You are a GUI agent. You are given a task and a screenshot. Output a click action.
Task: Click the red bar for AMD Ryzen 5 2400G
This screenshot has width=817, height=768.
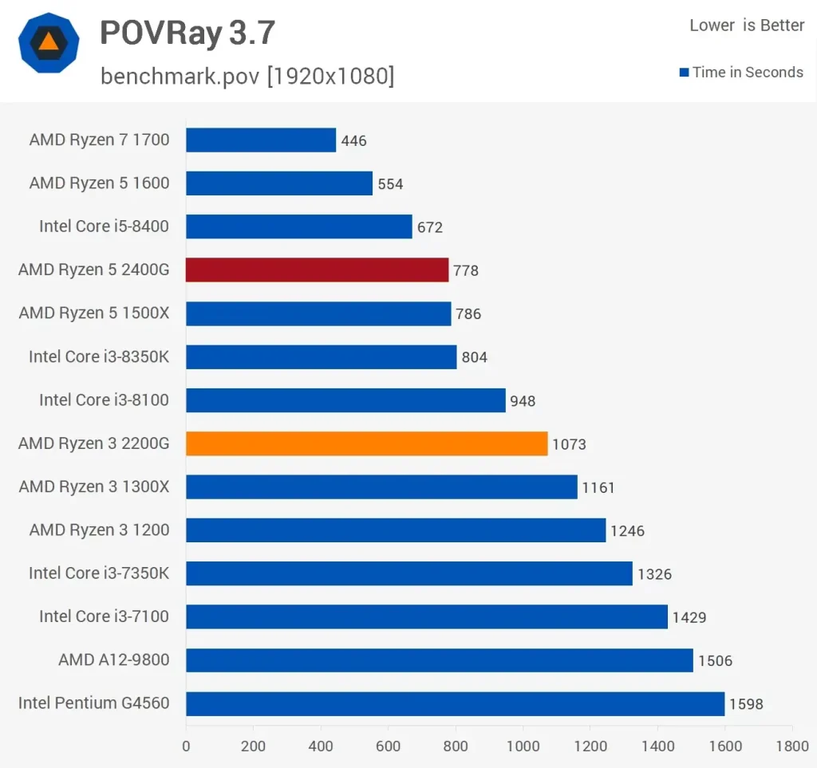(317, 270)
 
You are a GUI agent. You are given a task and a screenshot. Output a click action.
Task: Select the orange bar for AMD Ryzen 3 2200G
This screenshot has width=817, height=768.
(366, 443)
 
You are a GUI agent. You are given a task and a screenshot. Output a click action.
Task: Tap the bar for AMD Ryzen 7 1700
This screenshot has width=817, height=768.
(261, 140)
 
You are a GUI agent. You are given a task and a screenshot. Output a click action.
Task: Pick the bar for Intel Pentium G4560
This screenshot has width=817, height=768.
(455, 703)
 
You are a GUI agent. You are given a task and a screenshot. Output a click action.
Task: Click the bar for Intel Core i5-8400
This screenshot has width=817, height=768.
(299, 226)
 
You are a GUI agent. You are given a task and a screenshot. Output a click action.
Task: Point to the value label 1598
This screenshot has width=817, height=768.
(746, 704)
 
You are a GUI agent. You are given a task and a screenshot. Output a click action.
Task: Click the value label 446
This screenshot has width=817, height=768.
(353, 141)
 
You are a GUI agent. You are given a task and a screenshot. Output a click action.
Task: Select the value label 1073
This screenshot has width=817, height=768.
(569, 444)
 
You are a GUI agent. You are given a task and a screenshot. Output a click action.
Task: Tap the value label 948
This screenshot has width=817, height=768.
(523, 401)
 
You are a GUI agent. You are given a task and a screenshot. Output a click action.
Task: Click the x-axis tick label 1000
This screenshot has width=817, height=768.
(523, 746)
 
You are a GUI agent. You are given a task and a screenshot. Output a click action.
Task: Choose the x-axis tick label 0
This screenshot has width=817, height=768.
(186, 746)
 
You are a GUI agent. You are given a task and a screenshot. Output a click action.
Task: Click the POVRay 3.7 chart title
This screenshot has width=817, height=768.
(187, 33)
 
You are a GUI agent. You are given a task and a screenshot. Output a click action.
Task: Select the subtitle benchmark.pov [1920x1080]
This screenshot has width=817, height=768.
(247, 77)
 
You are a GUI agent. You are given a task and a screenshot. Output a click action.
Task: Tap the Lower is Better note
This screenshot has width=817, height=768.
(747, 26)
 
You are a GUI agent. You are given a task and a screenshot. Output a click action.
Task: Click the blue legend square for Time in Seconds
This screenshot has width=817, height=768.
(684, 73)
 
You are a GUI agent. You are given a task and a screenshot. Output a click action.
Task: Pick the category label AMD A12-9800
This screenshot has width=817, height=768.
(113, 660)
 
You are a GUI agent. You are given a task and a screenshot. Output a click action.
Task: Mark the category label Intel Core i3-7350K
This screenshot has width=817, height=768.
(99, 573)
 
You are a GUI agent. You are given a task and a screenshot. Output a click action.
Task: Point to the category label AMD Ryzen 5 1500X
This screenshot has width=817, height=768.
(94, 313)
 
